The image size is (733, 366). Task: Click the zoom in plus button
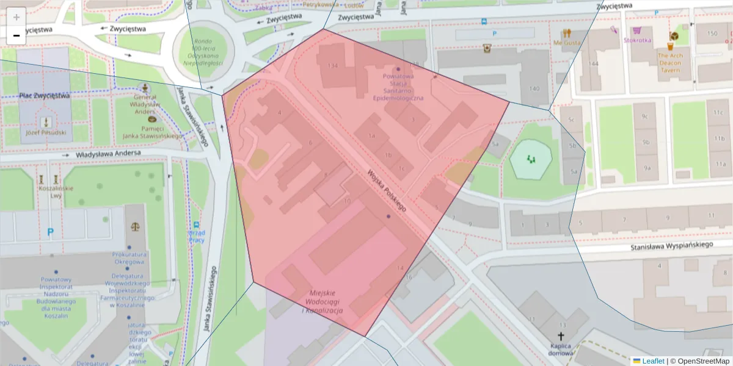coord(16,17)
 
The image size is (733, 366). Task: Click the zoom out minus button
coord(16,35)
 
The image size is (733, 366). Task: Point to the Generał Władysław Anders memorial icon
coord(145,88)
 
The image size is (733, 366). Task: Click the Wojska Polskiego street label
coord(387,190)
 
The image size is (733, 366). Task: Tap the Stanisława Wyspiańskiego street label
coord(672,245)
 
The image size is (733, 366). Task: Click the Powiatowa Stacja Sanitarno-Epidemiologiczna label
coord(398,87)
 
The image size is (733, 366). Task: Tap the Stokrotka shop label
coord(637,40)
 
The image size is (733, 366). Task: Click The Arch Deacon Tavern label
coord(673,63)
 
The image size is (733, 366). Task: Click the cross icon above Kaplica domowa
coord(561,336)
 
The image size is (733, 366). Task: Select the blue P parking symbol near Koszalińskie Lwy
coord(50,232)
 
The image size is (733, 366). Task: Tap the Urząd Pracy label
coord(197,236)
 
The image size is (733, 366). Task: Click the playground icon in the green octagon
coord(530,159)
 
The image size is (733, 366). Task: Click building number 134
coord(333,65)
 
